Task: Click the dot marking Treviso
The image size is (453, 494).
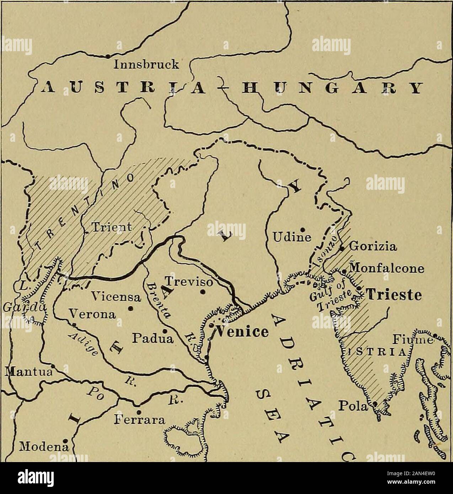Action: pos(202,292)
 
